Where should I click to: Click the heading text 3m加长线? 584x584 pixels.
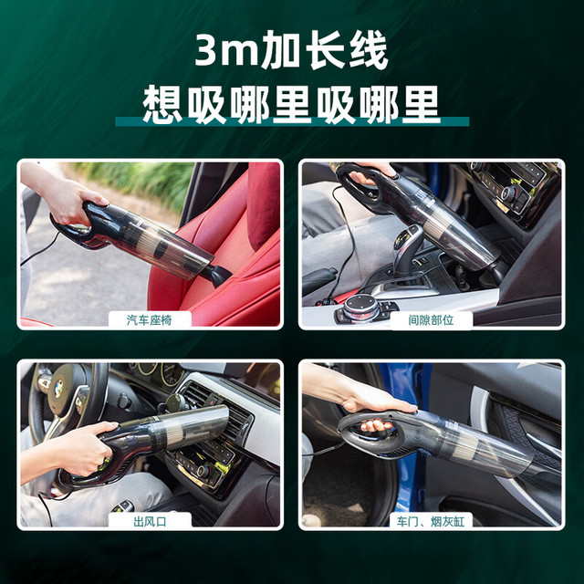[292, 50]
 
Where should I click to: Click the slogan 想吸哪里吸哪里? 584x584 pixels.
[292, 105]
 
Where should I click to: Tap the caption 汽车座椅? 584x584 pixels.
[149, 320]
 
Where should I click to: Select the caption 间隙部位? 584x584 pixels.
[431, 320]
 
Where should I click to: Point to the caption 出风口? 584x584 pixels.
[150, 521]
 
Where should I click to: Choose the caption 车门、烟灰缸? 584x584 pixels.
[431, 521]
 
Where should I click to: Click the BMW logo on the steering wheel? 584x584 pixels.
[58, 389]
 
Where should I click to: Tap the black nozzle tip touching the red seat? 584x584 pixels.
[217, 276]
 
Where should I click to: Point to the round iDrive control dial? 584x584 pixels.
[360, 307]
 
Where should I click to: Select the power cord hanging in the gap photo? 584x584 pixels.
[345, 242]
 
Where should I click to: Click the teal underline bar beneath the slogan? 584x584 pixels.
[292, 121]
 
